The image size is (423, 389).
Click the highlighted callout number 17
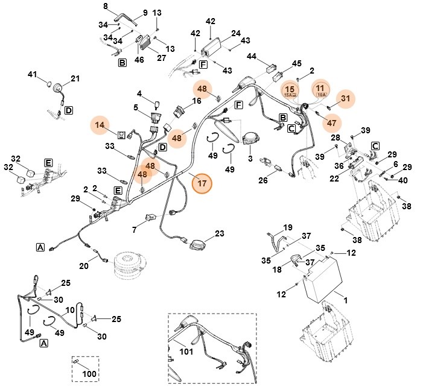(202, 182)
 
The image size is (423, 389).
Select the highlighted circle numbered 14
(101, 125)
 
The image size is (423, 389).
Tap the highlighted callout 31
(345, 98)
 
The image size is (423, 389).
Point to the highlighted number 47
(331, 122)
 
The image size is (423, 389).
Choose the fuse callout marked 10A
(322, 90)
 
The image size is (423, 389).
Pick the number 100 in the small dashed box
(89, 374)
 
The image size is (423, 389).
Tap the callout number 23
(220, 233)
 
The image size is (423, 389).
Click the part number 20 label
(84, 265)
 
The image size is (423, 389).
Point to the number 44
(252, 56)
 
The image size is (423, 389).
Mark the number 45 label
(297, 63)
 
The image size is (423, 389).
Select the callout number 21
(75, 78)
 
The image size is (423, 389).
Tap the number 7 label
(135, 229)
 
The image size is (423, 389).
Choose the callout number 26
(263, 180)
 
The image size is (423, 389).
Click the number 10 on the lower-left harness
(69, 310)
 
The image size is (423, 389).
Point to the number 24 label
(236, 33)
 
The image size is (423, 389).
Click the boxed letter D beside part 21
(69, 110)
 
